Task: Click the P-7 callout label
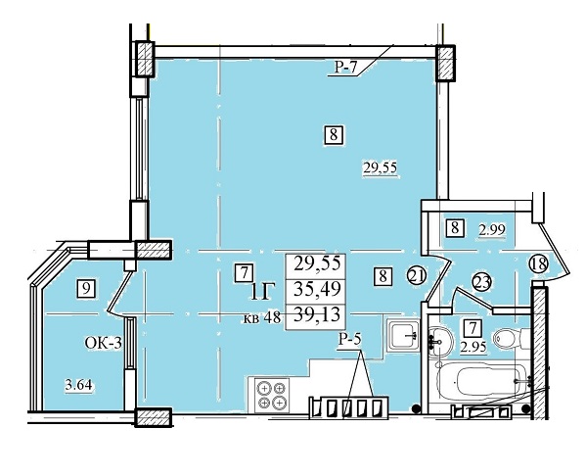pyautogui.click(x=346, y=68)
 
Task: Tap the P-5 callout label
pyautogui.click(x=350, y=340)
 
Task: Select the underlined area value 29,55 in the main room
pyautogui.click(x=380, y=167)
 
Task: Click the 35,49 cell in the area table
pyautogui.click(x=317, y=289)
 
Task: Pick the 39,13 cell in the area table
pyautogui.click(x=317, y=314)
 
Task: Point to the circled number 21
pyautogui.click(x=417, y=276)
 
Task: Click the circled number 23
pyautogui.click(x=481, y=282)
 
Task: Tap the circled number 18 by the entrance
pyautogui.click(x=538, y=263)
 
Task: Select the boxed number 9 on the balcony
pyautogui.click(x=86, y=289)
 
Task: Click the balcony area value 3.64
pyautogui.click(x=78, y=385)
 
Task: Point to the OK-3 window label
pyautogui.click(x=103, y=343)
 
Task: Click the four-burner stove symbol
pyautogui.click(x=272, y=395)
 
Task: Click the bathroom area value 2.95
pyautogui.click(x=473, y=348)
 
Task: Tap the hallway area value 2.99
pyautogui.click(x=492, y=229)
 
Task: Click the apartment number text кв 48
pyautogui.click(x=262, y=318)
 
